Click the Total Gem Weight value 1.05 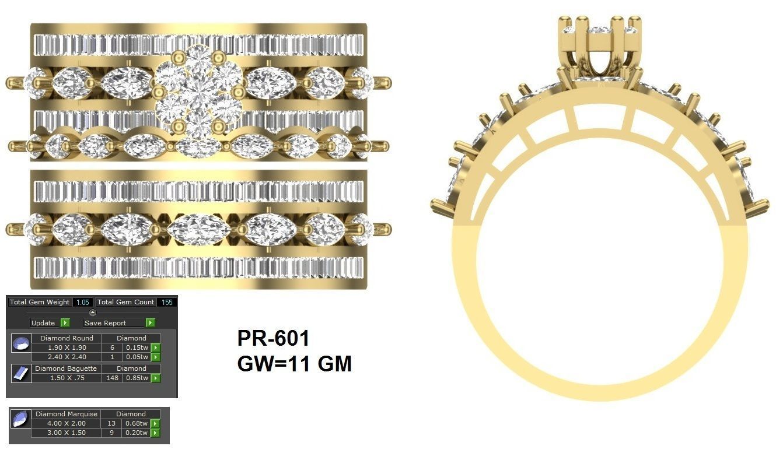pyautogui.click(x=82, y=302)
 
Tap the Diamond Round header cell pyautogui.click(x=67, y=338)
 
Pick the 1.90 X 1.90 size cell pyautogui.click(x=67, y=347)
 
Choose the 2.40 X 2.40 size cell pyautogui.click(x=67, y=357)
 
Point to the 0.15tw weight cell pyautogui.click(x=136, y=347)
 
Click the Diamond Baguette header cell pyautogui.click(x=66, y=368)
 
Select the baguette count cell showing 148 pyautogui.click(x=112, y=378)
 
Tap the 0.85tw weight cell pyautogui.click(x=136, y=378)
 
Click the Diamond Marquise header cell pyautogui.click(x=67, y=414)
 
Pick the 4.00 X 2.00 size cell pyautogui.click(x=67, y=423)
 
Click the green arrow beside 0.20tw pyautogui.click(x=155, y=433)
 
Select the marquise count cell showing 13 pyautogui.click(x=112, y=423)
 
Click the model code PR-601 pyautogui.click(x=273, y=339)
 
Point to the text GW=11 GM pyautogui.click(x=294, y=364)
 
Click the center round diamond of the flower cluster pyautogui.click(x=198, y=92)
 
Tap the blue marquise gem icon pyautogui.click(x=20, y=419)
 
